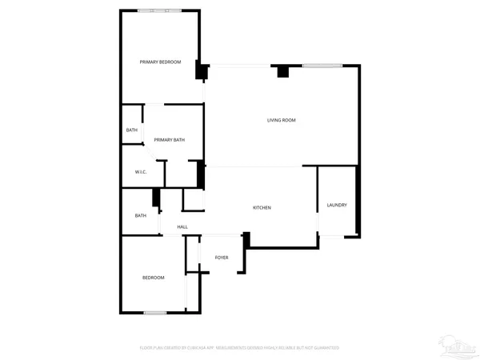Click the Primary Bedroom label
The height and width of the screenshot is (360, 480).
tap(160, 62)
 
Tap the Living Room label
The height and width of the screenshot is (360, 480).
tap(282, 120)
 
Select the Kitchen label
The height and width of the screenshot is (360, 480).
tap(262, 208)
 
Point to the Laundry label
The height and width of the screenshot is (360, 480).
tap(337, 206)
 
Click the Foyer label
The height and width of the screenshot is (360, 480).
tap(222, 258)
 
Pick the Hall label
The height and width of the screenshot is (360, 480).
tap(182, 227)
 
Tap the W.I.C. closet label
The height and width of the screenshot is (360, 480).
tap(139, 172)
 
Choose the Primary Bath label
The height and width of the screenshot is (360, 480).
tap(170, 140)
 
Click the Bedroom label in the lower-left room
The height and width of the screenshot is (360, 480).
tap(153, 278)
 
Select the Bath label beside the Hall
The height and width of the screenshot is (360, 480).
tap(141, 215)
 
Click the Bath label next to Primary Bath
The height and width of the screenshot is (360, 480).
tap(131, 130)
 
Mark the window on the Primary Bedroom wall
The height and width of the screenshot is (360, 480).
tap(158, 10)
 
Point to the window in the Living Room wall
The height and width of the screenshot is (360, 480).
tap(318, 65)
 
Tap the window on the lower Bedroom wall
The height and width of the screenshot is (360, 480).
tap(154, 311)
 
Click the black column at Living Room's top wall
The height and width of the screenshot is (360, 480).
tap(282, 72)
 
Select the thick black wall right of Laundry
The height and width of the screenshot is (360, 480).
tap(358, 199)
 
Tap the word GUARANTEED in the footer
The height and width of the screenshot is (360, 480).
tap(325, 348)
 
